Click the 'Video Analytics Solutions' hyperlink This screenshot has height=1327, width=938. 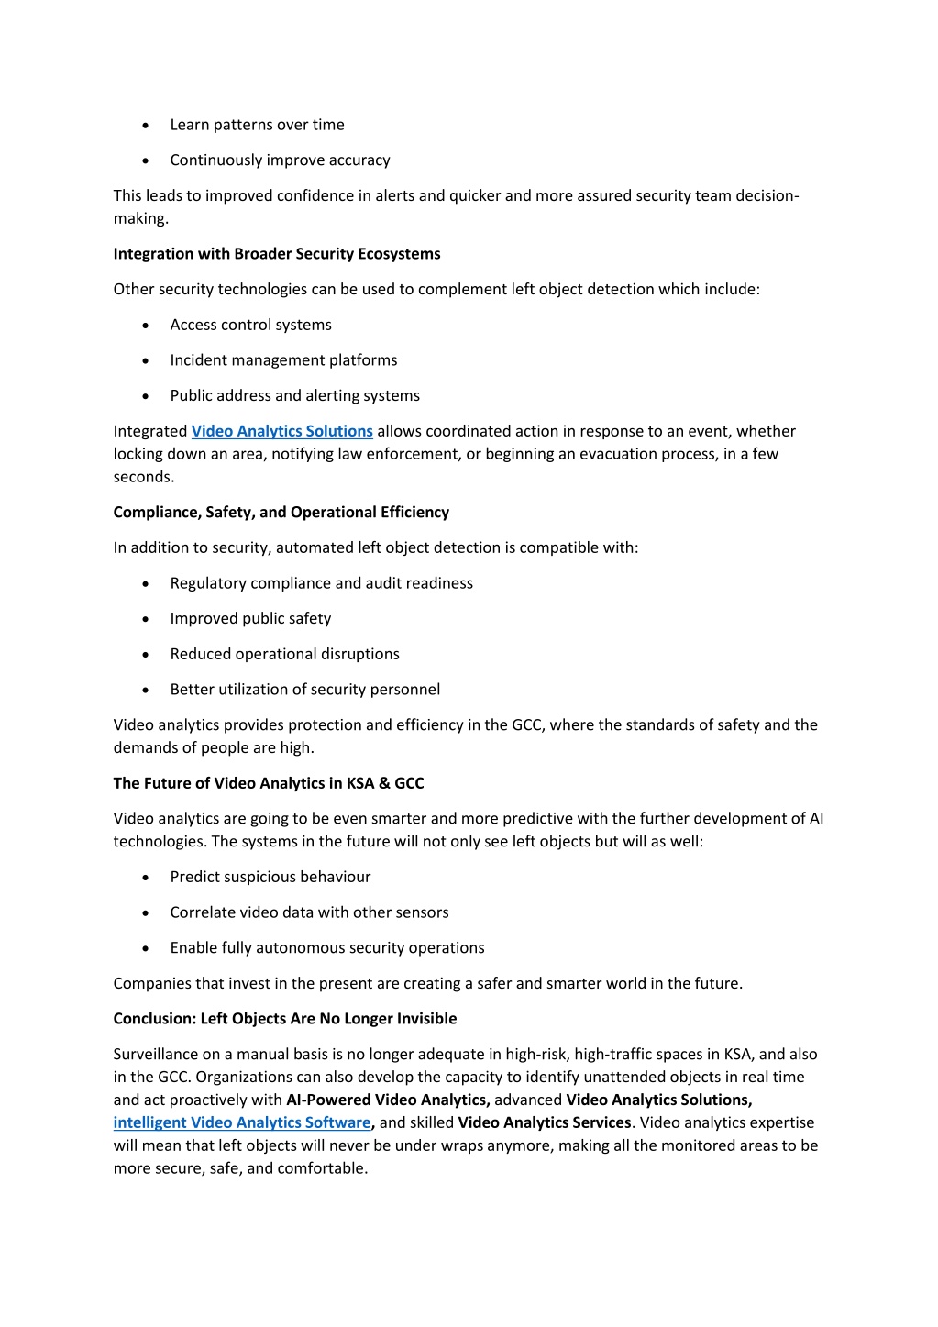(281, 431)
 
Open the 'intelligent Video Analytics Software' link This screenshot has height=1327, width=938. (242, 1122)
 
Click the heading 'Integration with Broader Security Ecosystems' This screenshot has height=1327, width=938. (277, 254)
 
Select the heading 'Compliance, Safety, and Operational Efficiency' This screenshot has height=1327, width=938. (281, 512)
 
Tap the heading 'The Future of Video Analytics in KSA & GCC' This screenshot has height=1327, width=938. (269, 783)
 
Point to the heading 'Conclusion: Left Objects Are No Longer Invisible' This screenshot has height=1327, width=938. (285, 1019)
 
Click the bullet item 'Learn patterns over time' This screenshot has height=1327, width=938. (257, 125)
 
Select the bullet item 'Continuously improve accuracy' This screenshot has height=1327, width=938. (280, 160)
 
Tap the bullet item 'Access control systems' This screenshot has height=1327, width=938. (250, 325)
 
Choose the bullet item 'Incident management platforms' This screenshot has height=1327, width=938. (283, 360)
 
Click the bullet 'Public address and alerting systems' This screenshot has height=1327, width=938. (294, 395)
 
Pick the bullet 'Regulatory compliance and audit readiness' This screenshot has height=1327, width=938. (321, 583)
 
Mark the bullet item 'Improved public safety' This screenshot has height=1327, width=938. (250, 619)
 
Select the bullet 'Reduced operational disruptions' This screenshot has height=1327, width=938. (284, 654)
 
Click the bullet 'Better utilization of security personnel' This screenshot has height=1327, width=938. (304, 690)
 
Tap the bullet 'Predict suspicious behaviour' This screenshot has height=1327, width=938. (270, 877)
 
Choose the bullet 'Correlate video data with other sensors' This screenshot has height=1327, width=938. (309, 912)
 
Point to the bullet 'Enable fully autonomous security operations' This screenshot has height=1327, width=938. (327, 948)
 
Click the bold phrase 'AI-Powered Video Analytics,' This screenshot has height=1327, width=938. (388, 1100)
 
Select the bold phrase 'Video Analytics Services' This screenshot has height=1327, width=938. (545, 1122)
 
